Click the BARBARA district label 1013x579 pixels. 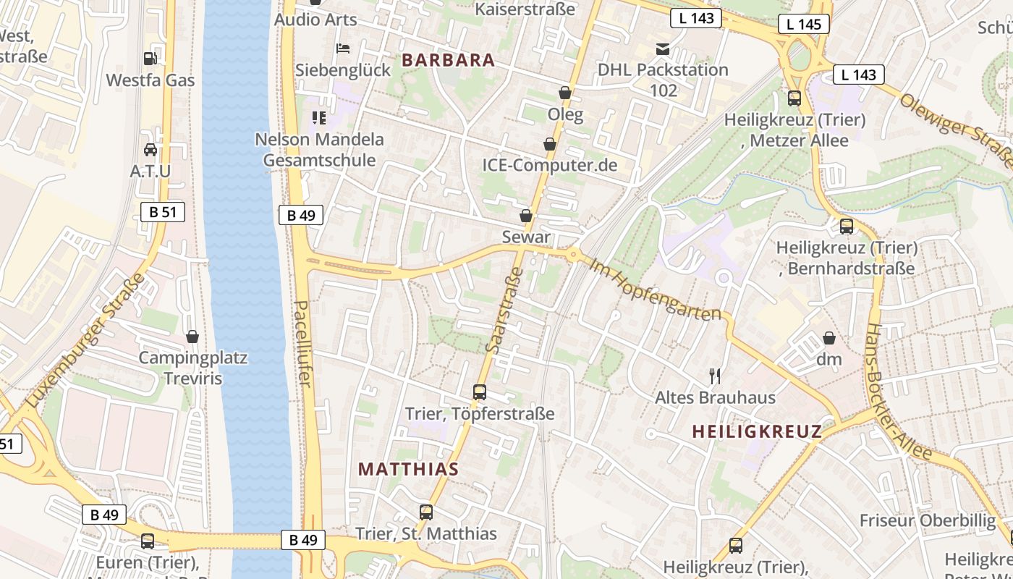point(449,60)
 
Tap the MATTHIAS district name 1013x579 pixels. point(408,469)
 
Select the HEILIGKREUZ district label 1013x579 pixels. point(757,432)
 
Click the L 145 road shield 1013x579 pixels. point(803,24)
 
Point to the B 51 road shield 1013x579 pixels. point(162,212)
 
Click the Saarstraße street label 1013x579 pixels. point(504,310)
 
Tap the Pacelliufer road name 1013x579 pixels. point(303,344)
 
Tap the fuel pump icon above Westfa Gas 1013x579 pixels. point(151,59)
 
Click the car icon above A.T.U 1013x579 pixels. point(151,150)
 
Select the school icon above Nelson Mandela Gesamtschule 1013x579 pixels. point(318,117)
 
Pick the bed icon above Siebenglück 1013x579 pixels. point(343,48)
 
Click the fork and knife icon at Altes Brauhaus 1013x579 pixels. point(715,376)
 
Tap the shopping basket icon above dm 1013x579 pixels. point(829,338)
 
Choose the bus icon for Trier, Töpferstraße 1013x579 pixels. point(479,392)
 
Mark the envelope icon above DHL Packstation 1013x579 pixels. point(662,49)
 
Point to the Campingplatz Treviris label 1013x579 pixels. point(192,368)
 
